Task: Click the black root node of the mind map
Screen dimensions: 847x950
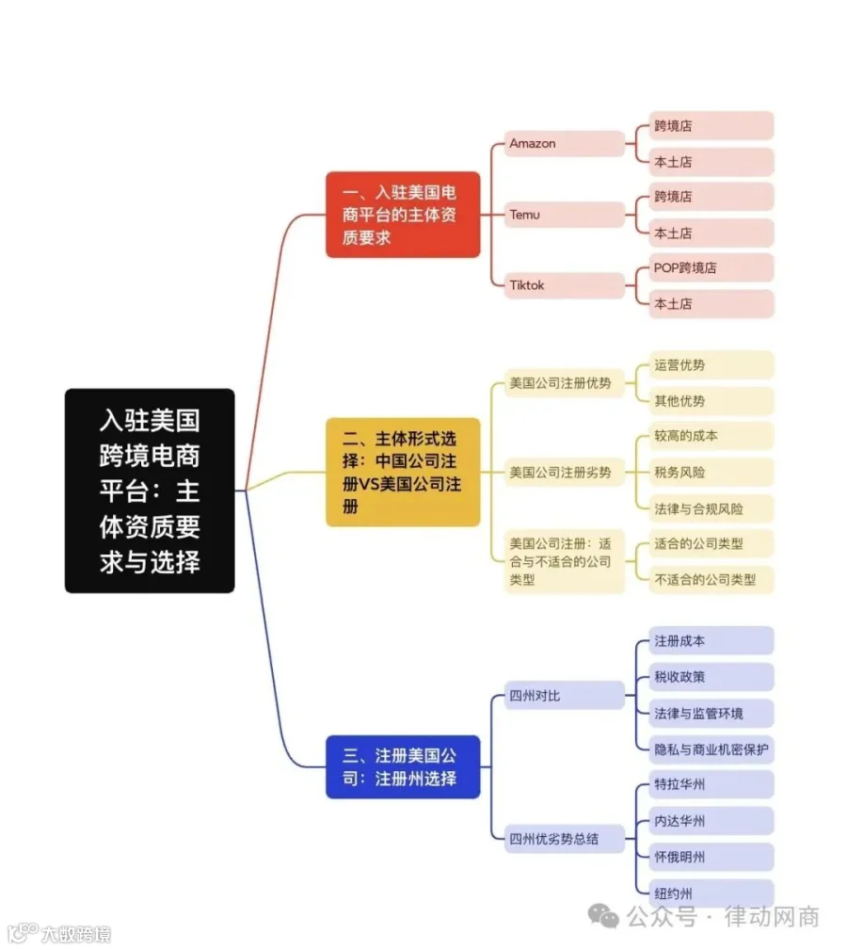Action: tap(150, 491)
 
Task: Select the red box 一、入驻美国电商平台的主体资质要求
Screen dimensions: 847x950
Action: tap(403, 215)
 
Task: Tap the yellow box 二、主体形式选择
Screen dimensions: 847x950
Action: tap(403, 472)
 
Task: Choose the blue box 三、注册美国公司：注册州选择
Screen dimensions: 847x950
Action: tap(403, 767)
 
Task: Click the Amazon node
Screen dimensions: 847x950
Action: tap(565, 144)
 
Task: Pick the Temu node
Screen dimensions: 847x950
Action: tap(565, 215)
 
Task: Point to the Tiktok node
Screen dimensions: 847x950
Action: tap(565, 285)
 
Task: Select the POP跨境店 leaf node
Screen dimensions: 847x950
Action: tap(711, 267)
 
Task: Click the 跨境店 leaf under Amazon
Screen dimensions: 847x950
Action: tap(711, 126)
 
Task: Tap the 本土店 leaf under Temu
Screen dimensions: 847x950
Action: tap(711, 233)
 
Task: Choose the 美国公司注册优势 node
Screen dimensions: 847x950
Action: tap(565, 383)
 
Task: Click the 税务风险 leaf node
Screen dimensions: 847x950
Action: tap(711, 473)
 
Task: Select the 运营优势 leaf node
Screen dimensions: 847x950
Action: tap(711, 364)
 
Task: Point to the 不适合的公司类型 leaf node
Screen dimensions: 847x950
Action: tap(711, 580)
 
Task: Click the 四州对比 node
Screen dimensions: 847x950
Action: tap(565, 696)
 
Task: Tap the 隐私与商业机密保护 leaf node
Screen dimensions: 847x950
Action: tap(711, 749)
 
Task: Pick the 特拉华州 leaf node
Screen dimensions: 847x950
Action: tap(711, 784)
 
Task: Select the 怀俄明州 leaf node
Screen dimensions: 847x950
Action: tap(711, 857)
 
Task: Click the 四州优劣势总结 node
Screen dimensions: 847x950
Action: tap(565, 839)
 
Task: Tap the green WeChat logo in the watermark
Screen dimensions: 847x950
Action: tap(603, 916)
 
